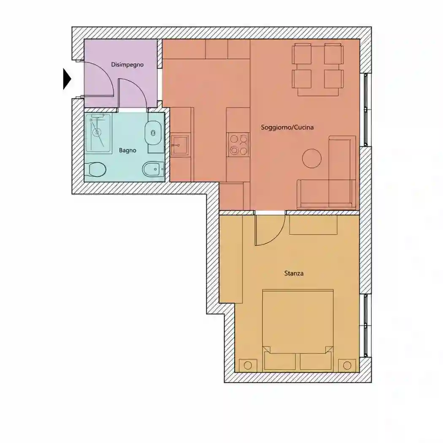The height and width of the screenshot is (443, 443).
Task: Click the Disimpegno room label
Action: (127, 65)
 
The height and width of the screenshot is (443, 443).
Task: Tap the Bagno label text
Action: (127, 150)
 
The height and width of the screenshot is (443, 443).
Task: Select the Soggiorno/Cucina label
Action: (287, 127)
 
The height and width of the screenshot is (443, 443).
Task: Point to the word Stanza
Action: (294, 273)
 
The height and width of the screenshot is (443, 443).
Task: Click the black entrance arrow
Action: (67, 79)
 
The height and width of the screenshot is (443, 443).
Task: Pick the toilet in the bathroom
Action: (95, 170)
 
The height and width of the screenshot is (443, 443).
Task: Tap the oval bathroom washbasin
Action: (153, 133)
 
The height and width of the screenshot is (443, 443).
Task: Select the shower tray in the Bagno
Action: (99, 133)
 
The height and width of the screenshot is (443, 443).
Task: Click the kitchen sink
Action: (180, 145)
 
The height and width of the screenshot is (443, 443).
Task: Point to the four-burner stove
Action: (239, 145)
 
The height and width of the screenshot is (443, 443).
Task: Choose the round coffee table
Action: (312, 159)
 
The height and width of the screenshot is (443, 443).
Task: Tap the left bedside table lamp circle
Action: (248, 365)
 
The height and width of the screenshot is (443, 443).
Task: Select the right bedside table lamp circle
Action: (347, 365)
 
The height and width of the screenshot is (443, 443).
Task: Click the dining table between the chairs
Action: (318, 70)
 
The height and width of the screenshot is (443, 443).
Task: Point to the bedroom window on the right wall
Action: (366, 325)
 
